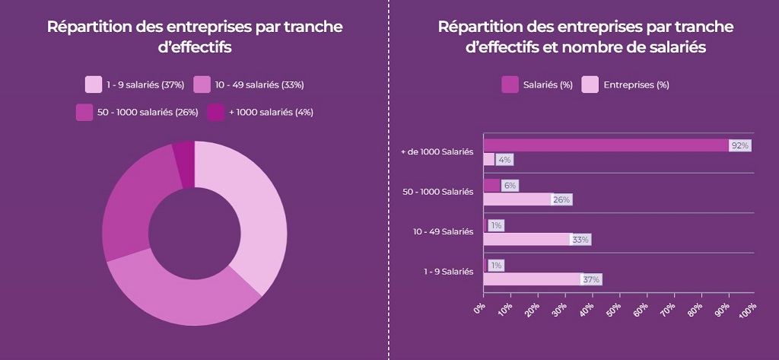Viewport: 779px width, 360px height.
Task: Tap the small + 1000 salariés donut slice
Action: click(184, 164)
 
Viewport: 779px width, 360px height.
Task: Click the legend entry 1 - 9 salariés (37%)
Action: click(135, 84)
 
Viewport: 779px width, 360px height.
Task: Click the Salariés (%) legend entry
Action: click(537, 84)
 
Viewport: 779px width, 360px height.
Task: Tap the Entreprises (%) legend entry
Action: click(625, 84)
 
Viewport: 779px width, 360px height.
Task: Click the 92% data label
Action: click(739, 145)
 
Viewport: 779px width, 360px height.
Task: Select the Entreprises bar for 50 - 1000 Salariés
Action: click(517, 199)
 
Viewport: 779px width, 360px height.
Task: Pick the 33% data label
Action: click(580, 240)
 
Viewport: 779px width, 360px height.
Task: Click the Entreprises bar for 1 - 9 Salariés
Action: click(533, 279)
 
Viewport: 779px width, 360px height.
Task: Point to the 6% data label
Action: click(510, 186)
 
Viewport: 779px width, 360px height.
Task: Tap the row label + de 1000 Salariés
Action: click(437, 152)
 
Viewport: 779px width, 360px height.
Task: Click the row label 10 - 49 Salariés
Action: click(442, 231)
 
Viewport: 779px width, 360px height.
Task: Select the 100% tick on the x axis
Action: click(750, 309)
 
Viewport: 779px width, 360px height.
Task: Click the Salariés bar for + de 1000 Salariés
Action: click(606, 145)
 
